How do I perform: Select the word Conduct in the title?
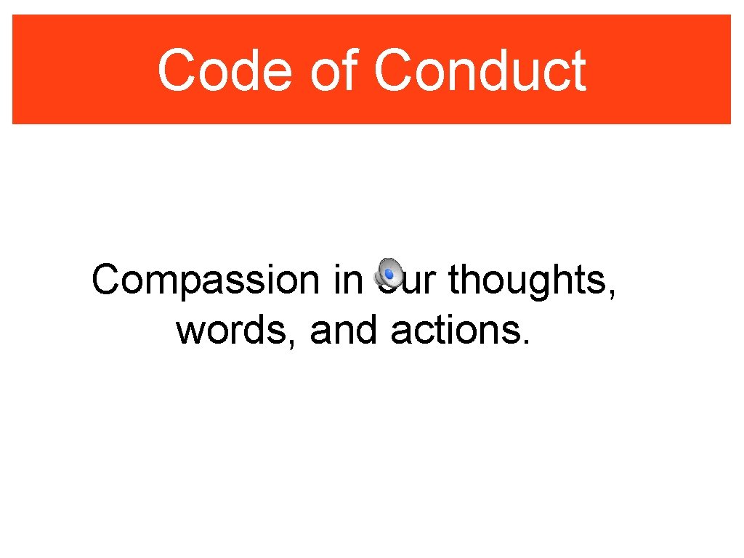(x=480, y=71)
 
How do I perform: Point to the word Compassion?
(x=206, y=281)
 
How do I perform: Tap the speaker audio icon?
(x=389, y=272)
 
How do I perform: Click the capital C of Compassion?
(x=106, y=280)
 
